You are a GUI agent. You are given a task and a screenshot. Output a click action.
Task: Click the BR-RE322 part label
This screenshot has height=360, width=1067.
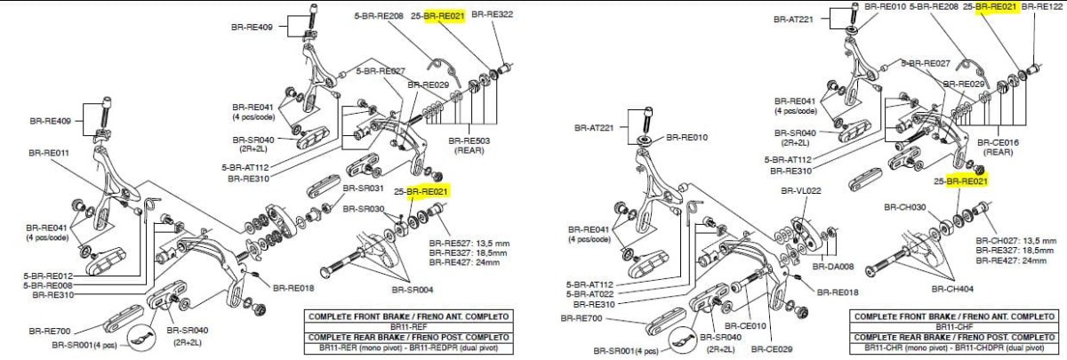pos(492,14)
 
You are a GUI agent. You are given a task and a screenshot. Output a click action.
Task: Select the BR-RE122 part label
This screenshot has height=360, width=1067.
pos(1044,6)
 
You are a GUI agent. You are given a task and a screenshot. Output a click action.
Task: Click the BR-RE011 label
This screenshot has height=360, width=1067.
pos(50,152)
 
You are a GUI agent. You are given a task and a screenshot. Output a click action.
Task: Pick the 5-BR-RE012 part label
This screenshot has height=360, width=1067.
pos(47,276)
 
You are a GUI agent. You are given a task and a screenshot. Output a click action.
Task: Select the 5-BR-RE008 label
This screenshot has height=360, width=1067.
pos(47,285)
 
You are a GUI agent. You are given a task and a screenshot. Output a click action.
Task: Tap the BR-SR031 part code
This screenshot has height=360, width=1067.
pos(364,188)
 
